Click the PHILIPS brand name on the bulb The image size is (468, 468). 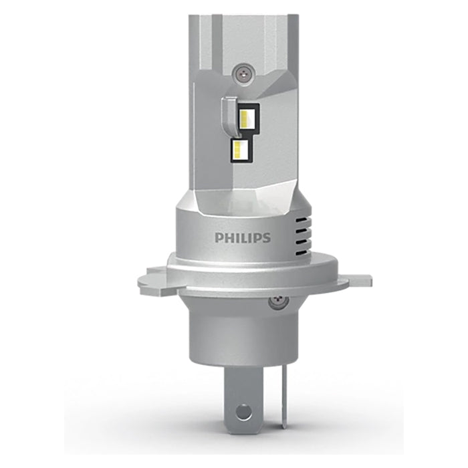pyautogui.click(x=242, y=237)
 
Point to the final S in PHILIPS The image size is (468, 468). pyautogui.click(x=266, y=237)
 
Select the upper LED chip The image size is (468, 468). pyautogui.click(x=246, y=118)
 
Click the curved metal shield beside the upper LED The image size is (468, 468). pyautogui.click(x=229, y=114)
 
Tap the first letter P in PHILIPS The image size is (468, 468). pyautogui.click(x=219, y=237)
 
